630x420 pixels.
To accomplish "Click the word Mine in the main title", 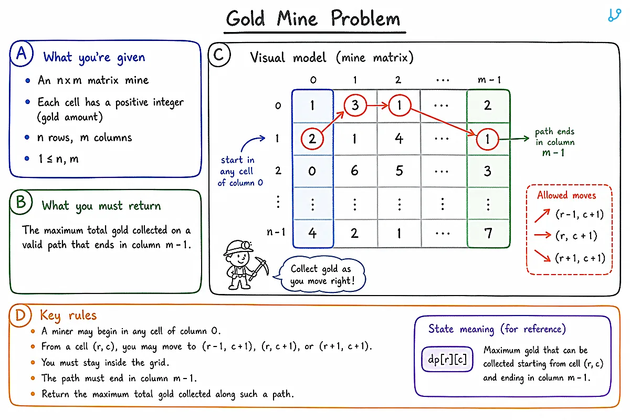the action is pos(297,18).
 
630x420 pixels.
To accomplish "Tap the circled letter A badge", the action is pos(22,54).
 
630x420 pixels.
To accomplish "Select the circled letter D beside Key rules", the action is pos(20,315).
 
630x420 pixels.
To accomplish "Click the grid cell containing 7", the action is pos(488,233).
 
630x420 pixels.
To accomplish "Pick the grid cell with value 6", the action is pos(355,171).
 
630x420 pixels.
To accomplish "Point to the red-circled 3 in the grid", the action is pos(355,106).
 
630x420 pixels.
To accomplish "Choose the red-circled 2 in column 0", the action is pos(312,139).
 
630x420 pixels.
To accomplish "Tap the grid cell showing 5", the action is pos(399,171).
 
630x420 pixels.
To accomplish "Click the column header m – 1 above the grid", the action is pos(489,80).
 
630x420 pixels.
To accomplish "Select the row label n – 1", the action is pos(276,232).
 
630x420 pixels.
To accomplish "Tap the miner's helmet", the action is pos(238,247).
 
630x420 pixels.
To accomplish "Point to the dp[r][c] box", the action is pos(447,359).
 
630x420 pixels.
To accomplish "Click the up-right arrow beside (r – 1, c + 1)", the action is pos(542,216).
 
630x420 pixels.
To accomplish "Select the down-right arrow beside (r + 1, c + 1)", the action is pos(542,256).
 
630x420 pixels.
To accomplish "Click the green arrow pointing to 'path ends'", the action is pos(514,139).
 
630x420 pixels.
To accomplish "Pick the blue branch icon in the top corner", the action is pos(615,15).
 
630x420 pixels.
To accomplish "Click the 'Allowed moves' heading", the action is pos(566,195).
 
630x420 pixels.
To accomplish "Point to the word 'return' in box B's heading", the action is pos(144,206).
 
